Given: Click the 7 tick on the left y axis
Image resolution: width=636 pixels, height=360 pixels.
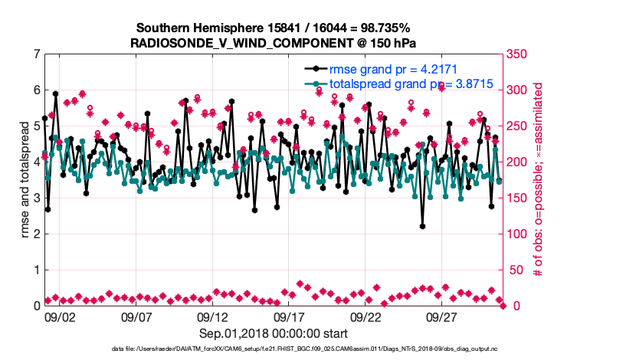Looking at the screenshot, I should (36, 54).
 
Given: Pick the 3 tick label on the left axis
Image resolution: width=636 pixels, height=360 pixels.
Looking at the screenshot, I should (36, 198).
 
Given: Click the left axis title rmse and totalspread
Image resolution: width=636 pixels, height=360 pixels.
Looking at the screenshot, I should (25, 180).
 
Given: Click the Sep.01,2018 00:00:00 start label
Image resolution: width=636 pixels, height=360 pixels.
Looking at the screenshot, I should (274, 333).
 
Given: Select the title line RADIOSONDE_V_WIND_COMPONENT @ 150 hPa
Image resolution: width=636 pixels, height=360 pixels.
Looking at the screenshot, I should (274, 43).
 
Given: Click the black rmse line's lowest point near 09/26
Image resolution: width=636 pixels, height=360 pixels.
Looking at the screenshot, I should (422, 226).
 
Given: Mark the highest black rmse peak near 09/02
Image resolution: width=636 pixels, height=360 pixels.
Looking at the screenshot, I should (55, 93).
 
